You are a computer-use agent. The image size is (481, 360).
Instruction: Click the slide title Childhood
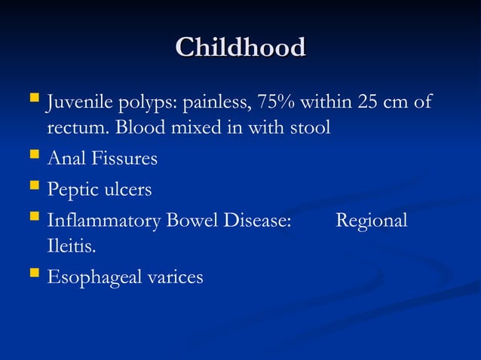[x=240, y=47]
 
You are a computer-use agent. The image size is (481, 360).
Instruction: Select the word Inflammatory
[x=99, y=221]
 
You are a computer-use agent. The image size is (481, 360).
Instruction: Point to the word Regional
[x=372, y=221]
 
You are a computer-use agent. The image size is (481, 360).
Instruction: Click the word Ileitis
[x=72, y=246]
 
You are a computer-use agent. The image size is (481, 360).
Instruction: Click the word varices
[x=175, y=278]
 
